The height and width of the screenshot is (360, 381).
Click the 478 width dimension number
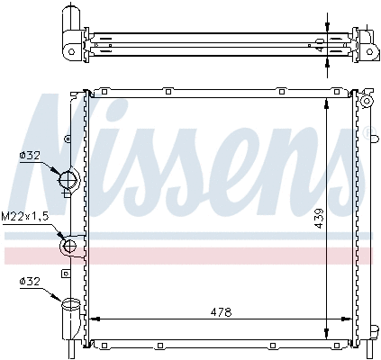pos(221,311)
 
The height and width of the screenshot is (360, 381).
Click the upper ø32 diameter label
pos(31,155)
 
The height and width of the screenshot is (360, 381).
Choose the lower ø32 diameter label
pos(31,282)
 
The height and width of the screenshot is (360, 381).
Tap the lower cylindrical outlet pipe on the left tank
pos(70,317)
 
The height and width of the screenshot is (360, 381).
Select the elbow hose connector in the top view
pos(71,33)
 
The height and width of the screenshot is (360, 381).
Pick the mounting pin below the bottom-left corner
pos(73,350)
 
